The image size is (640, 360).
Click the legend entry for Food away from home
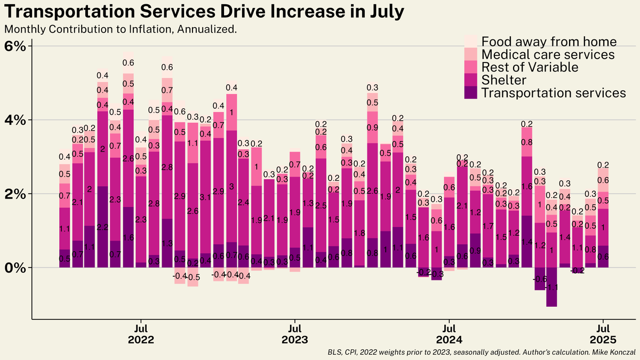[x=549, y=42]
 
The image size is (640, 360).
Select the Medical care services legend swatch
[x=471, y=54]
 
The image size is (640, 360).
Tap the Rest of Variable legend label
[x=530, y=67]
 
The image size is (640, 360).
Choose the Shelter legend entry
[x=504, y=80]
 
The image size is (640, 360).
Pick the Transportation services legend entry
[x=553, y=93]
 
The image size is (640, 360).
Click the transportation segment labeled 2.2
[x=103, y=227]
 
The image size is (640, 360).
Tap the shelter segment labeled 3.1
[x=205, y=197]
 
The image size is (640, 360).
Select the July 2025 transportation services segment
[x=603, y=257]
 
